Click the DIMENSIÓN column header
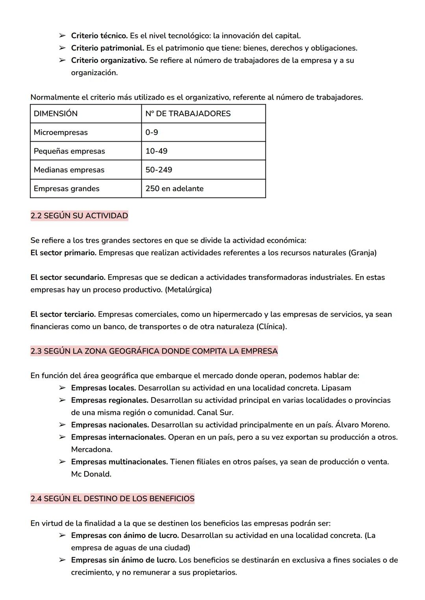pyautogui.click(x=55, y=114)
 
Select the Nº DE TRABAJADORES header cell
pyautogui.click(x=188, y=114)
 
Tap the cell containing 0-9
pyautogui.click(x=152, y=133)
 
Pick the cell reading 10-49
pyautogui.click(x=156, y=151)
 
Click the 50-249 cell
pyautogui.click(x=159, y=170)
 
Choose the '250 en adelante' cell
pyautogui.click(x=174, y=188)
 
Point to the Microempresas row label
pyautogui.click(x=61, y=133)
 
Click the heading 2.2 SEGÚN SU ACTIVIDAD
pyautogui.click(x=79, y=216)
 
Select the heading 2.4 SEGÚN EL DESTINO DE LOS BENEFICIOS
pyautogui.click(x=112, y=498)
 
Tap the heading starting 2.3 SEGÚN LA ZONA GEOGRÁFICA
pyautogui.click(x=154, y=351)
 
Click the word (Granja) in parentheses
pyautogui.click(x=362, y=253)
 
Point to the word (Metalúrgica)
pyautogui.click(x=188, y=290)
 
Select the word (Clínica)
pyautogui.click(x=271, y=327)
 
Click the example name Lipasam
pyautogui.click(x=336, y=388)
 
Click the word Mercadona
pyautogui.click(x=91, y=449)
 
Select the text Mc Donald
pyautogui.click(x=91, y=474)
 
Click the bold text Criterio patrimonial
pyautogui.click(x=107, y=48)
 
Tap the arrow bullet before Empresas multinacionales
pyautogui.click(x=62, y=462)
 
